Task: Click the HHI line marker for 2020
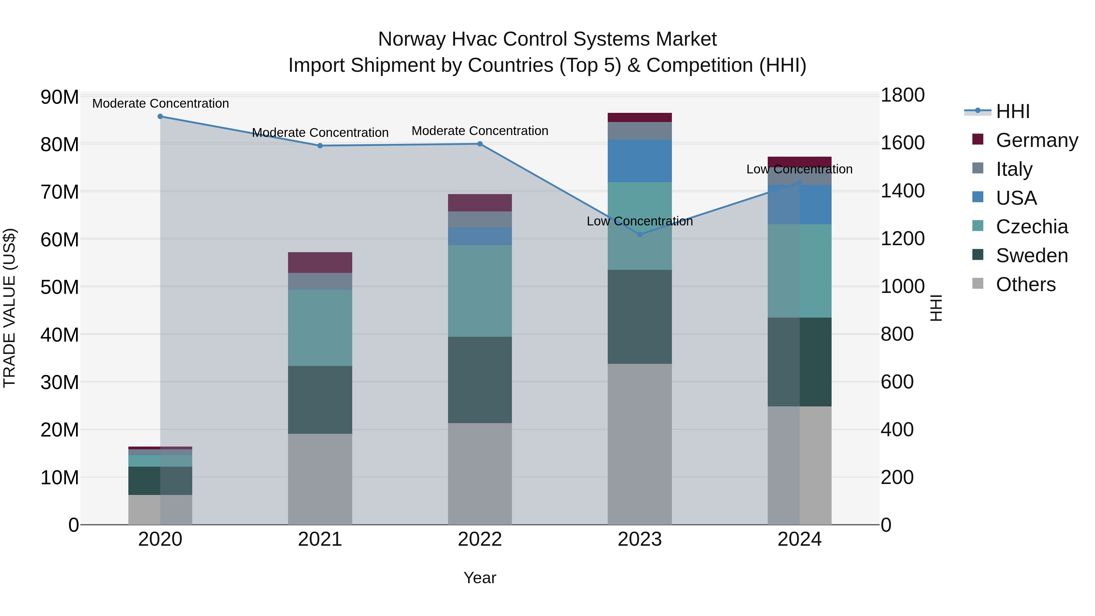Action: tap(160, 117)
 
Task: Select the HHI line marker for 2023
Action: tap(640, 234)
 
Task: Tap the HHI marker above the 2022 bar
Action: tap(480, 144)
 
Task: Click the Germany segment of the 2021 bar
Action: tap(320, 262)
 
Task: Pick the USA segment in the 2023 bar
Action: tap(640, 161)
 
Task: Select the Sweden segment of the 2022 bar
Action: tap(480, 380)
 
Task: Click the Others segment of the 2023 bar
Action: tap(640, 444)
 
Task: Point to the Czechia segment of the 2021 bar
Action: tap(320, 327)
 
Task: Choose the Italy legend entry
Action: tap(1014, 169)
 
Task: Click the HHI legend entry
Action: tap(1013, 111)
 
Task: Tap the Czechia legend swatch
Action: tap(978, 226)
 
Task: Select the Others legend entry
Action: tap(1025, 284)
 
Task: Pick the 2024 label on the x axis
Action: tap(800, 539)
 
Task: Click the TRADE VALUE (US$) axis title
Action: tap(9, 308)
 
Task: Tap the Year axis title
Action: tap(480, 578)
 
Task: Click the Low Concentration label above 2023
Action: tap(640, 221)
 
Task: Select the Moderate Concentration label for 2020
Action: tap(160, 103)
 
